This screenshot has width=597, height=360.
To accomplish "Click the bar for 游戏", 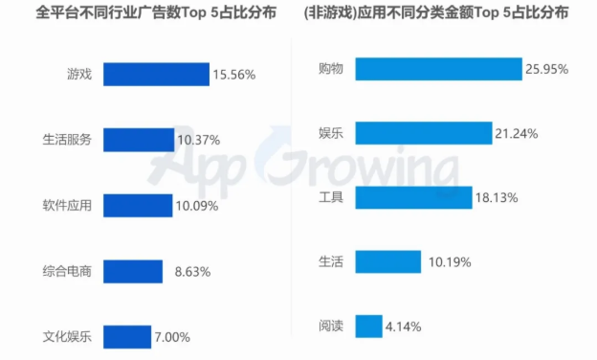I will pyautogui.click(x=156, y=75).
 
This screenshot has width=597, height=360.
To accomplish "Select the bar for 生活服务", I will pyautogui.click(x=139, y=140).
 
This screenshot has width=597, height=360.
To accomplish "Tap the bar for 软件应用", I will pyautogui.click(x=137, y=205).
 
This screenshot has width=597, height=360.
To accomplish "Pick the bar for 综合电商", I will pyautogui.click(x=132, y=271).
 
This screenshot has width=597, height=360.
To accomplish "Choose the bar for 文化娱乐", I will pyautogui.click(x=126, y=336).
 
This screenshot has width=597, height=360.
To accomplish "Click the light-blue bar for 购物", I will pyautogui.click(x=438, y=69).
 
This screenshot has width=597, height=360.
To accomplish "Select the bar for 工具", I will pyautogui.click(x=413, y=198).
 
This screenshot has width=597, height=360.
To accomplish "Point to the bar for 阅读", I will pyautogui.click(x=368, y=326).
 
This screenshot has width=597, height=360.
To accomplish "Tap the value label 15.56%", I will pyautogui.click(x=234, y=75).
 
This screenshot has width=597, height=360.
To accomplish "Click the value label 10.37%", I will pyautogui.click(x=200, y=141).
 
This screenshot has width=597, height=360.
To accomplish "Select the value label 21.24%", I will pyautogui.click(x=517, y=134).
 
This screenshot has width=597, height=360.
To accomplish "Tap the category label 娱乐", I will pyautogui.click(x=332, y=133).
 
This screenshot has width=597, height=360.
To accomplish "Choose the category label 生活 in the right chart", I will pyautogui.click(x=332, y=261).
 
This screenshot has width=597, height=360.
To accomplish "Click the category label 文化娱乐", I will pyautogui.click(x=68, y=337).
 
